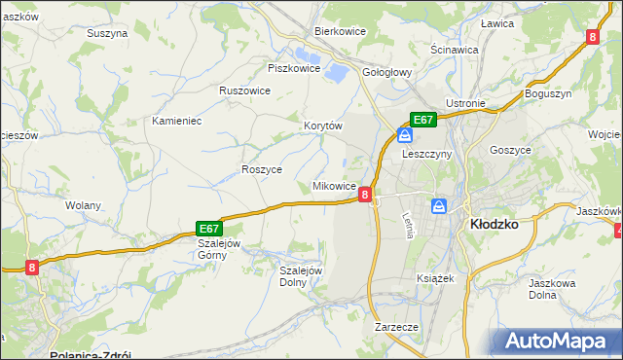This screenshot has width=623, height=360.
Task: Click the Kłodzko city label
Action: click(x=494, y=223)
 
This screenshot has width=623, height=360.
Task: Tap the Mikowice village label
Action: click(x=334, y=185)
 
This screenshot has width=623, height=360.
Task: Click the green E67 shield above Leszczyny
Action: click(x=421, y=120)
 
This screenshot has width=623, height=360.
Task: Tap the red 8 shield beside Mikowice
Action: click(x=364, y=195)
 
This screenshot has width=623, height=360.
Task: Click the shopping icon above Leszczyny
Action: click(x=404, y=135)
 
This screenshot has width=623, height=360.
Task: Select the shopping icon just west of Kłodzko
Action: click(x=439, y=205)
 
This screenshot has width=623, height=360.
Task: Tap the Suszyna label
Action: click(x=107, y=33)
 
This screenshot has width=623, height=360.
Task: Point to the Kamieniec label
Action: click(x=176, y=122)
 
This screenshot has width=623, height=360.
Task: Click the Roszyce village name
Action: click(x=262, y=168)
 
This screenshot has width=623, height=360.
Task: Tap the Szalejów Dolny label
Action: click(x=301, y=276)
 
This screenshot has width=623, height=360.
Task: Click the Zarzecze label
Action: click(x=396, y=328)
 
